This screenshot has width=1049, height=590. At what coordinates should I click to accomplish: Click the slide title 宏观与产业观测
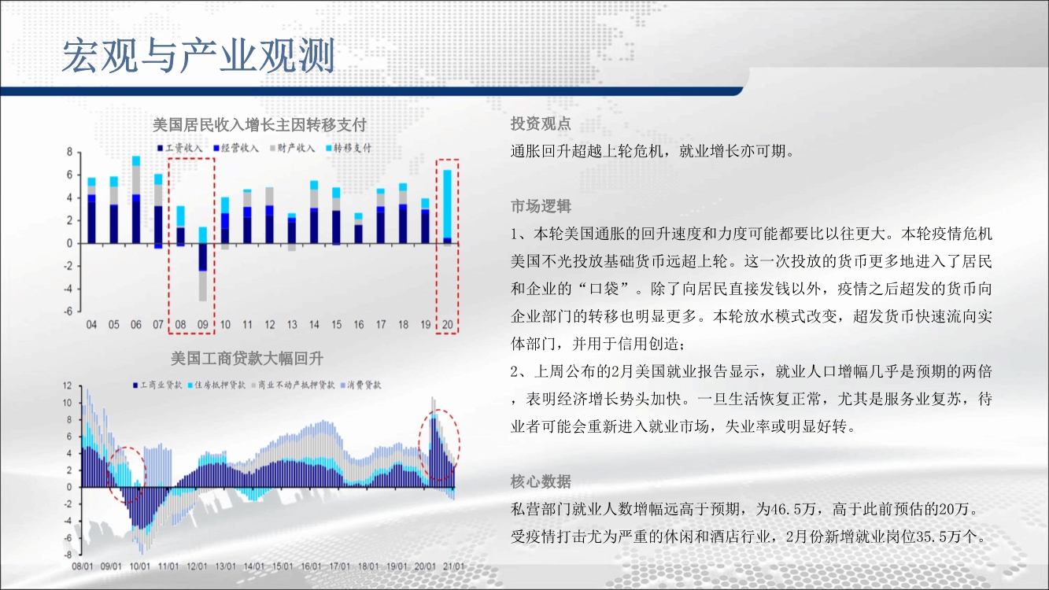point(198,56)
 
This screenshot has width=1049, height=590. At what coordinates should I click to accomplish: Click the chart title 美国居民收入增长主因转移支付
point(260,125)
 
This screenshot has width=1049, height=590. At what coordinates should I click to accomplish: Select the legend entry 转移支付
point(349,148)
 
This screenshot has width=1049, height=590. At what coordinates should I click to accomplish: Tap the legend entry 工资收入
point(180,148)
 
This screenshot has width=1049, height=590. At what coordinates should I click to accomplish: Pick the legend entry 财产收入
point(292,148)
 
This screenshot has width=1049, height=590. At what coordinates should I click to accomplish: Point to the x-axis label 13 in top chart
point(292,324)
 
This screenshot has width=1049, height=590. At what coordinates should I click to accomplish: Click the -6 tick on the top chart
point(68,312)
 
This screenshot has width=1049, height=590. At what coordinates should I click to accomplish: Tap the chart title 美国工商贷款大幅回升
point(247,359)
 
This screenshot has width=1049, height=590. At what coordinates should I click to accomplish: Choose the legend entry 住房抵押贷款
point(216,385)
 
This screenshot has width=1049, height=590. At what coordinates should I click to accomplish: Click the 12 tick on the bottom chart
point(68,385)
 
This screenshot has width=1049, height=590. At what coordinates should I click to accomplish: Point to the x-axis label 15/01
point(283,566)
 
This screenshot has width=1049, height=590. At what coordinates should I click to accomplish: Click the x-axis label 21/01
point(453,566)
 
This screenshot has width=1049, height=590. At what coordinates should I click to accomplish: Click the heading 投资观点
point(541,124)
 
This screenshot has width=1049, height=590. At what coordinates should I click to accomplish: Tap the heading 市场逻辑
point(541,206)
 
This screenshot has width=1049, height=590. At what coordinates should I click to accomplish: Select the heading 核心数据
point(541,481)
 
